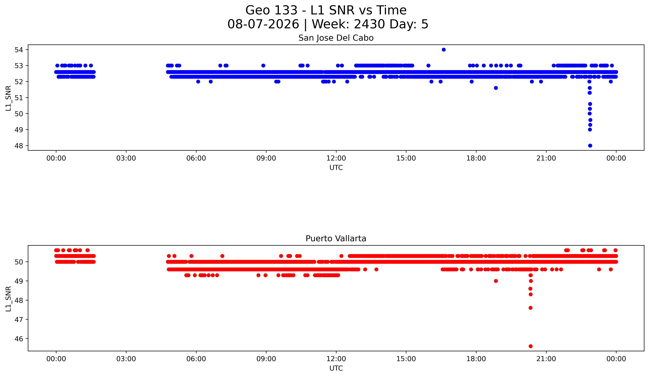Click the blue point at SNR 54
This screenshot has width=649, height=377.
(x=443, y=50)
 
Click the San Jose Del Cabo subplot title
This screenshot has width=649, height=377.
(x=336, y=38)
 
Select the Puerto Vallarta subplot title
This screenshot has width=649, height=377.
(x=336, y=239)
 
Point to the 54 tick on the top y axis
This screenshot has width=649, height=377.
(x=19, y=50)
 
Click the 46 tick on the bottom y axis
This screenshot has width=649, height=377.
(x=19, y=339)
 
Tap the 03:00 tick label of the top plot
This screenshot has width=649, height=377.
(x=126, y=158)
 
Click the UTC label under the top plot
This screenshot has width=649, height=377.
(x=336, y=168)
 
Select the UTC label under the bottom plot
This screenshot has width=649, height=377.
(x=336, y=368)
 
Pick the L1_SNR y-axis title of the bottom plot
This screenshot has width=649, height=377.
(x=8, y=299)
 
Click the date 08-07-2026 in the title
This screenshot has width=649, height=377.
(x=263, y=24)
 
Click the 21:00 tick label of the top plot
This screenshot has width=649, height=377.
(x=546, y=158)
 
